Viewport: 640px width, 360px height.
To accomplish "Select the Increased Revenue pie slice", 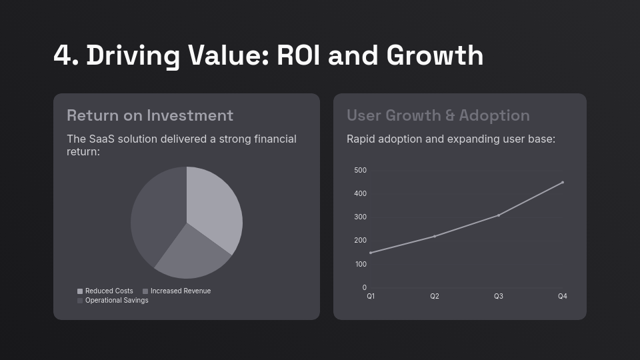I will point(190,253).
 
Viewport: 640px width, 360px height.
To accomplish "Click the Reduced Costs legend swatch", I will point(80,291).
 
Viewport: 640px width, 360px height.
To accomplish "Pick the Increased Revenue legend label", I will point(180,291).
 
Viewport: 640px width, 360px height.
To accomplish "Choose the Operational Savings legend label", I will point(117,301).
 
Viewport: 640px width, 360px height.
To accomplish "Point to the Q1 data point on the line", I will point(371,253).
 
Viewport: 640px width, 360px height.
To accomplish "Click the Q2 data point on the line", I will point(435,236).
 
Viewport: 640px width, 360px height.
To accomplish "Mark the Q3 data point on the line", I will point(499,215).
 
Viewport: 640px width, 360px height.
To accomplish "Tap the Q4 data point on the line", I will point(563,182).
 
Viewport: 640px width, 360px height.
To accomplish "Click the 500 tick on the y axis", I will point(360,171).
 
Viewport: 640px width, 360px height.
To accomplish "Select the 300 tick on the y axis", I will point(360,217).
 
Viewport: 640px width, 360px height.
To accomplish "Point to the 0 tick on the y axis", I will point(364,288).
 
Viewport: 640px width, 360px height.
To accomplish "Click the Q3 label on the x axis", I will point(499,297).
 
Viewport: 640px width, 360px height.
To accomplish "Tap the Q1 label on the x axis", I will point(371,297).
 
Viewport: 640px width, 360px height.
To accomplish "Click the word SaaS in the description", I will point(102,139).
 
